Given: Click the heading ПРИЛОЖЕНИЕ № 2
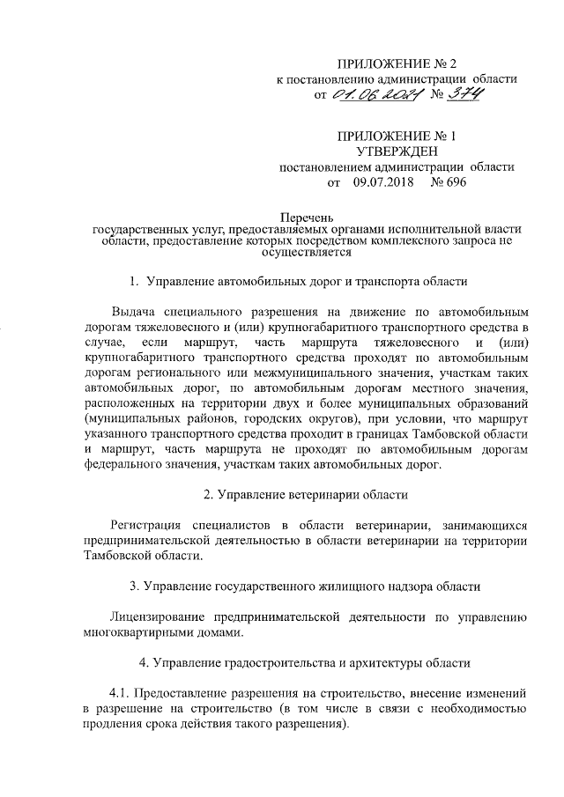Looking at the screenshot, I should pos(398,63).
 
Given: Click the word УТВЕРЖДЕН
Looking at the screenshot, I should pos(397,151).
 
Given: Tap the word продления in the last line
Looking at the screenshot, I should pos(109,725).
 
